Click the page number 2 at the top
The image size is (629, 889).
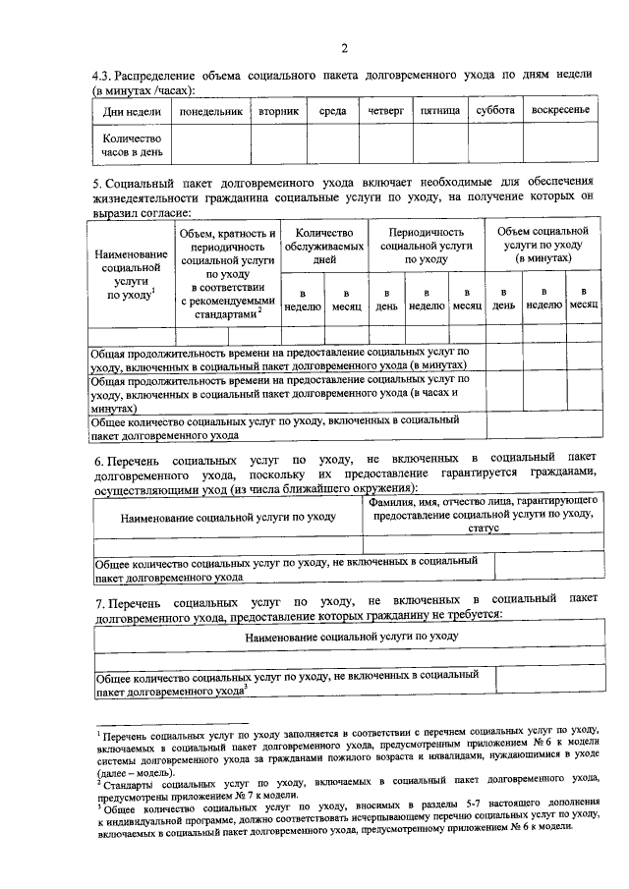[x=344, y=48]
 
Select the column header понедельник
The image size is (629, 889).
[x=208, y=111]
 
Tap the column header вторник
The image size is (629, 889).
[x=279, y=111]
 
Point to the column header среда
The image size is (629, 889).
[x=332, y=111]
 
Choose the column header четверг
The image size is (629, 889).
[x=386, y=111]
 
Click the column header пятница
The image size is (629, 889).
[x=439, y=111]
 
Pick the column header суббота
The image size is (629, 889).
[x=495, y=111]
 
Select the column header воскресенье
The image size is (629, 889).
[x=559, y=111]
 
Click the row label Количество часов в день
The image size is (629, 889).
[x=132, y=146]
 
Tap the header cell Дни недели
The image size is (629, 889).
[x=132, y=111]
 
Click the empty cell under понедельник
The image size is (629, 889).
[x=208, y=146]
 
